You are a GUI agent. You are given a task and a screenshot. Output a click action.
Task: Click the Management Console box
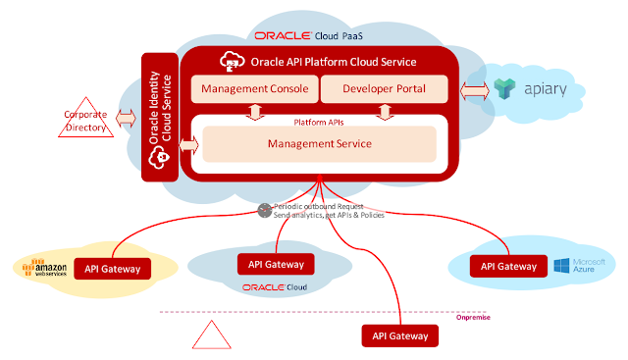255,89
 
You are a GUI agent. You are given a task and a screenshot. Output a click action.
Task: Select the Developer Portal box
384,89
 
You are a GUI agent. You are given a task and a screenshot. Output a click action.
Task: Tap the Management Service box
319,144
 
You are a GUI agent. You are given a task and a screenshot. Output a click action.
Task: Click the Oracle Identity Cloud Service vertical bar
160,117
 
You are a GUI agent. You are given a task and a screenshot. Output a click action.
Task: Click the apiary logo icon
504,88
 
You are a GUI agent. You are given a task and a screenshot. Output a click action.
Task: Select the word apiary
546,89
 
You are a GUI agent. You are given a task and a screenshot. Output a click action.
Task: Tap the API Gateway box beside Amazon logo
113,269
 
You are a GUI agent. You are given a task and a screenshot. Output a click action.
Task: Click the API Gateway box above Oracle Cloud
276,264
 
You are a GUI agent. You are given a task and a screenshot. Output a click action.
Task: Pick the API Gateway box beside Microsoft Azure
508,266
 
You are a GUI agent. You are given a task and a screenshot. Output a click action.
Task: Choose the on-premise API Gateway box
400,335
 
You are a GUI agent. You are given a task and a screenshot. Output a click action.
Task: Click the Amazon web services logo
44,268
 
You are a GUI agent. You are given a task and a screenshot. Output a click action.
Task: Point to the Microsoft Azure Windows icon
561,266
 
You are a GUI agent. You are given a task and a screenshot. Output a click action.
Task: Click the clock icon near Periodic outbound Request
264,210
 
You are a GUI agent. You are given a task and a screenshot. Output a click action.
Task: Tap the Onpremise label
473,318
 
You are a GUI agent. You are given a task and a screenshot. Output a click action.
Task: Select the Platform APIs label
319,123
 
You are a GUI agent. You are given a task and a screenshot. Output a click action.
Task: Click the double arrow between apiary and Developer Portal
474,91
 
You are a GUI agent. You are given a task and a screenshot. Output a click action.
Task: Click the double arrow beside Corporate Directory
126,119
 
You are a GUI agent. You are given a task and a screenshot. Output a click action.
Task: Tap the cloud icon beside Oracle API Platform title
233,61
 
